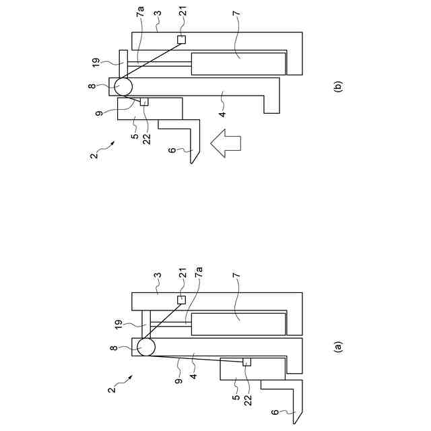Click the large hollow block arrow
225,143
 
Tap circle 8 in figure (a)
146,347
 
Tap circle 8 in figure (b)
123,86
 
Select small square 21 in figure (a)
180,300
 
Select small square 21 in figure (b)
180,40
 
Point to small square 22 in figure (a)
246,362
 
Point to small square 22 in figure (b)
143,102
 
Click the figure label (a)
338,347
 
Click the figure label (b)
338,87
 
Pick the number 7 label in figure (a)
237,295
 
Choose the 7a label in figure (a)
199,274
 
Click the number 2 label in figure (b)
94,156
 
